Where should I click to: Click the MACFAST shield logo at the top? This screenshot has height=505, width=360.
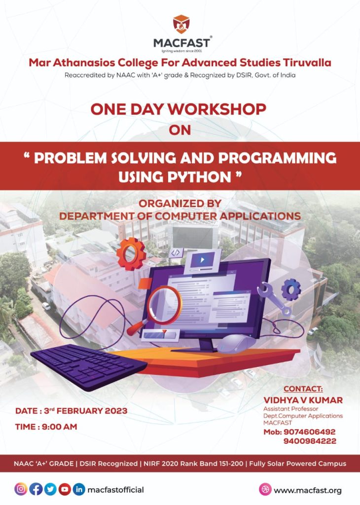[x=181, y=24]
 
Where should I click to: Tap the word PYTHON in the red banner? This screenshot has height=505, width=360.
[x=199, y=176]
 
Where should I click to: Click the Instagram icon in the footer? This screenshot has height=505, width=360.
[x=21, y=489]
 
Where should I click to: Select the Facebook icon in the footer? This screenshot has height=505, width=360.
[x=36, y=489]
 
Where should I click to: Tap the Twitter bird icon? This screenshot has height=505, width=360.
[x=50, y=489]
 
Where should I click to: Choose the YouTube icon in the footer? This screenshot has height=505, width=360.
[x=65, y=489]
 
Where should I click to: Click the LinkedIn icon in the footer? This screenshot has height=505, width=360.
[x=79, y=489]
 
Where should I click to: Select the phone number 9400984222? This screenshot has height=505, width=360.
[x=310, y=441]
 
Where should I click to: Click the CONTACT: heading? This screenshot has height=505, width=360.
[x=303, y=389]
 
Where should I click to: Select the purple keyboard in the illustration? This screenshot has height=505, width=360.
[x=89, y=365]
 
